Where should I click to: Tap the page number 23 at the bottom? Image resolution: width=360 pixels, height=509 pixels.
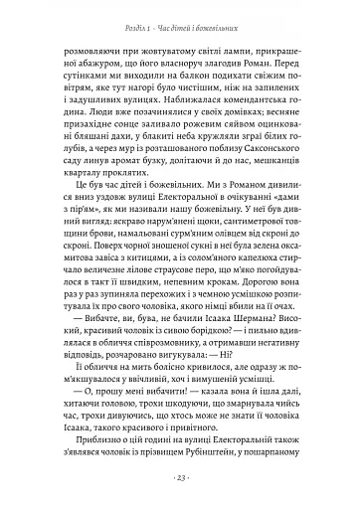point(180,478)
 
